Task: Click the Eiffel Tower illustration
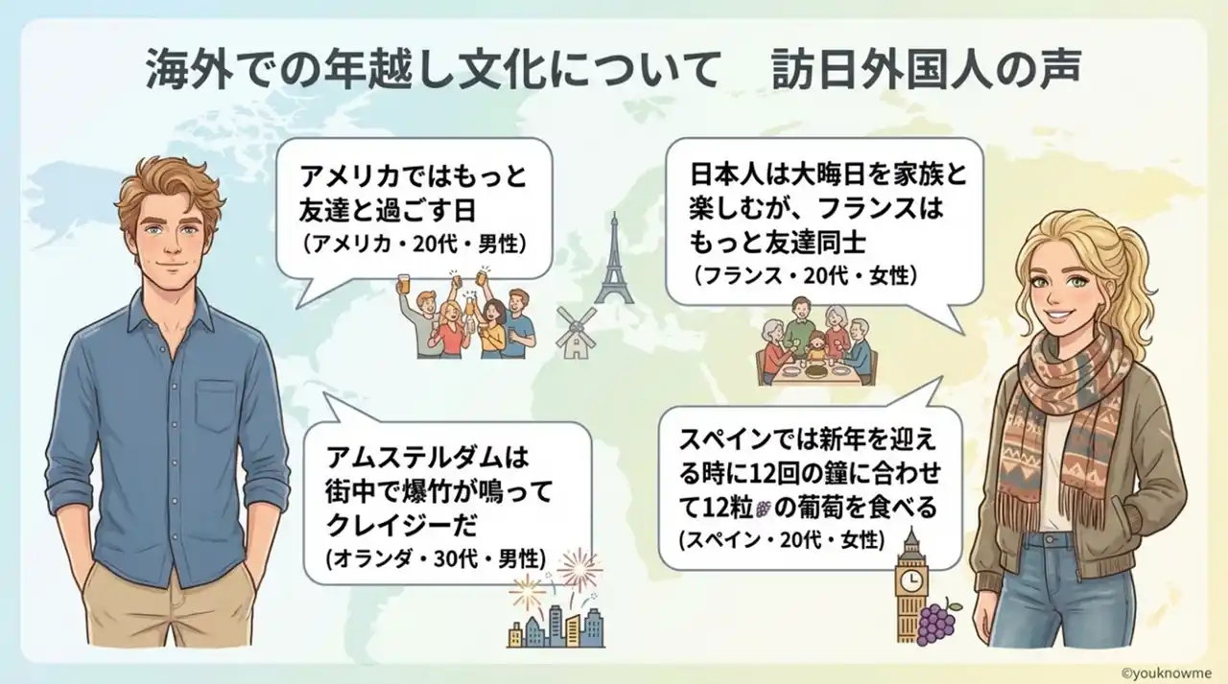[x=615, y=259]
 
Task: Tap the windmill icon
[x=576, y=333]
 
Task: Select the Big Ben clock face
[x=911, y=579]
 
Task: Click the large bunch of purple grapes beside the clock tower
[x=938, y=625]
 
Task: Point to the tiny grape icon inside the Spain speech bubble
[x=762, y=509]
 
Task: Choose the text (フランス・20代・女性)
[x=804, y=276]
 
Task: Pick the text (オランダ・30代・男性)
[x=436, y=559]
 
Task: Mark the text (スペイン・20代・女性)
[x=782, y=541]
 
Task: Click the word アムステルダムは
[x=427, y=458]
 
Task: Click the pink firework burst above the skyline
[x=579, y=570]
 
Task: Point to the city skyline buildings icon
[x=555, y=627]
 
